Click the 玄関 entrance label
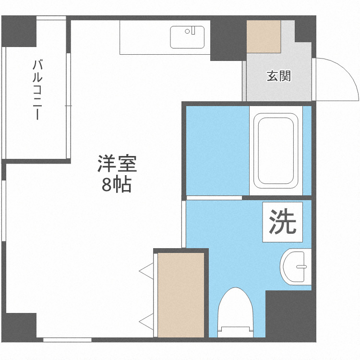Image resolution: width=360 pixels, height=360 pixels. (279, 76)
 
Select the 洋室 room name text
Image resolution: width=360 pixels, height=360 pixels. (117, 165)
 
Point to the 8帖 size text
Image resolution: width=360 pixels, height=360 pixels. (117, 184)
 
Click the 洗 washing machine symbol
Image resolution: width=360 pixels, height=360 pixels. (283, 221)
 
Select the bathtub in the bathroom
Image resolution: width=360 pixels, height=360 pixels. (275, 150)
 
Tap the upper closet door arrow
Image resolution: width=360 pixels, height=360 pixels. (146, 271)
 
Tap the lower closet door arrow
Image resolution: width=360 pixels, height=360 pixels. (146, 320)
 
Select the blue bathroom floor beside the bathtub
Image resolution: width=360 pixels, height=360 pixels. (217, 150)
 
